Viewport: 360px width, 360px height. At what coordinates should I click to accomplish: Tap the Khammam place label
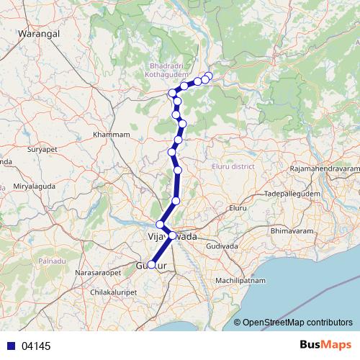(112, 135)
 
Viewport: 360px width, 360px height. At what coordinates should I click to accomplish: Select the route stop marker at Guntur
(151, 264)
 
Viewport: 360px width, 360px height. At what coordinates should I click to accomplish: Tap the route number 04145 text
(36, 346)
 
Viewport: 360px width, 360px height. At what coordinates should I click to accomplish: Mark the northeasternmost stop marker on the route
(209, 76)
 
